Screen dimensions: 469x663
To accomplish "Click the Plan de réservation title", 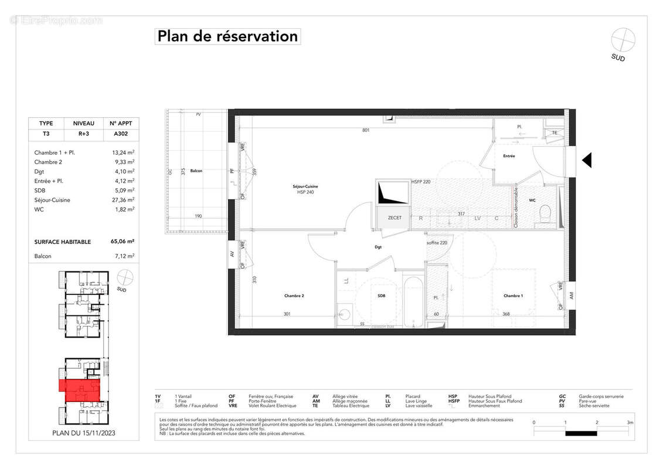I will point(227,36).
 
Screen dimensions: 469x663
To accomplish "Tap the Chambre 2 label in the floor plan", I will point(294,296).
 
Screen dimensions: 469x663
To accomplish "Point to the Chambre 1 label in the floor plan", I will point(513,296).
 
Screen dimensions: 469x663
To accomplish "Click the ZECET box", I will point(395,217).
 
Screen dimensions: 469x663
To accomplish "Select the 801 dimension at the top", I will point(366,130).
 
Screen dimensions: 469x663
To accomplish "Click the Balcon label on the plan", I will point(196,171).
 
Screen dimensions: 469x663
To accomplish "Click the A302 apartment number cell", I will point(121,133).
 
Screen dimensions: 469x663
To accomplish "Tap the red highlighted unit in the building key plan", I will point(82,389).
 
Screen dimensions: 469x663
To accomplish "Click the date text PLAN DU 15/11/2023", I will point(84,433).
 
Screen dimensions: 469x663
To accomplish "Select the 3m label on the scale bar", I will point(629,422).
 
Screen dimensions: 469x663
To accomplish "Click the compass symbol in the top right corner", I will point(623,40).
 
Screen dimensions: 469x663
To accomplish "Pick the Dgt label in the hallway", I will point(378,247).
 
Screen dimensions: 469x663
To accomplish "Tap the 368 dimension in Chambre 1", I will point(505,314).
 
